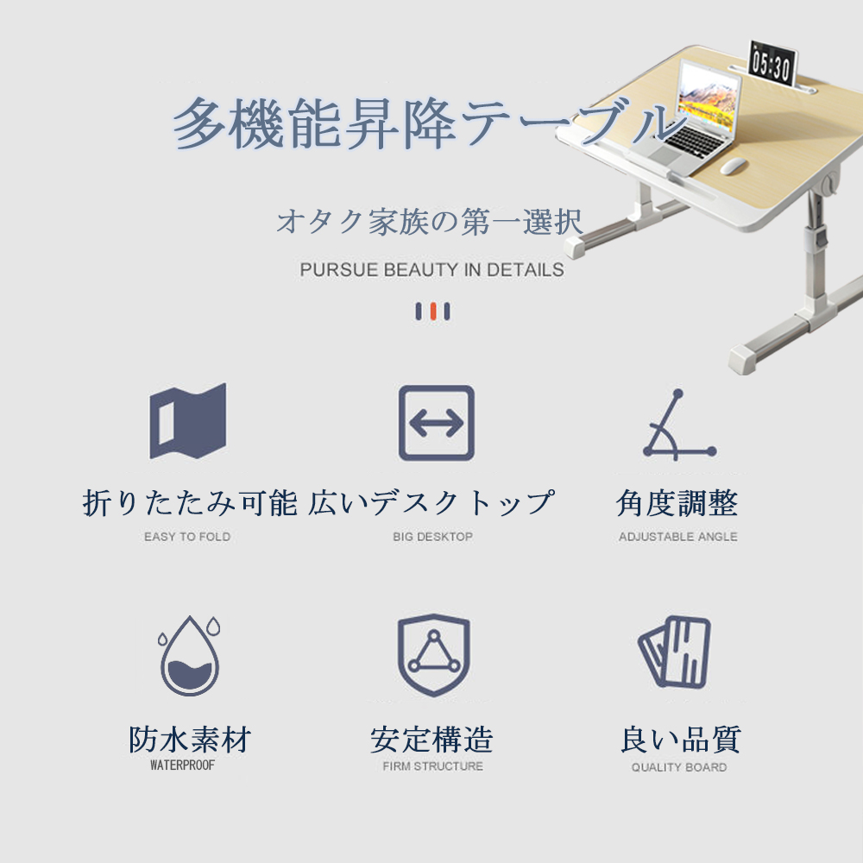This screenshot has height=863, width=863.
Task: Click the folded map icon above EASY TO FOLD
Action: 187,421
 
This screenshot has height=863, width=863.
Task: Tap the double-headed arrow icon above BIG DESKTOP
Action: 437,423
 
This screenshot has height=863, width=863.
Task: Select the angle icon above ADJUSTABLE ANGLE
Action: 679,425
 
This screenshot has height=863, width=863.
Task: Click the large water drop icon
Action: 189,656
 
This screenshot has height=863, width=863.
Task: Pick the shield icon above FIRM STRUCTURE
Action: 434,655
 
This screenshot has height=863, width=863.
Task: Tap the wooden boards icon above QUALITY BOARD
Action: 675,652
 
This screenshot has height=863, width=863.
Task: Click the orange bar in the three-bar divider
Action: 433,311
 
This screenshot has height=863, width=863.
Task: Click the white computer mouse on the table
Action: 733,166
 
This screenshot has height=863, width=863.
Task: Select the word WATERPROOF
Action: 182,765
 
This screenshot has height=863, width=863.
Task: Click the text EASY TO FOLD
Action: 187,537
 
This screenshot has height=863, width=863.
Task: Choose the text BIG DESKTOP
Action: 432,537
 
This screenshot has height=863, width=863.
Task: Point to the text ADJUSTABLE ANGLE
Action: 678,537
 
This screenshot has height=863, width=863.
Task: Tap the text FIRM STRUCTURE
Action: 433,766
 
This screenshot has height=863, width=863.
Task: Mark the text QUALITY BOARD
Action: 679,767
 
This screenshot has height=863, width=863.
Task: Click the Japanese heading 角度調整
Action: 677,503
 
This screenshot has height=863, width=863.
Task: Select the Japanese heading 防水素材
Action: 190,740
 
